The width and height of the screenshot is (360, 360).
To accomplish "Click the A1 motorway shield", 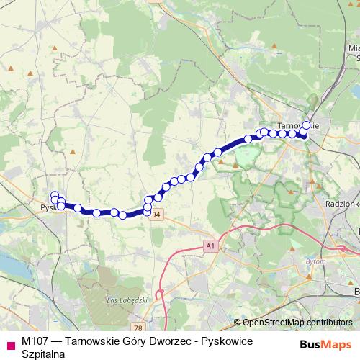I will pyautogui.click(x=210, y=246).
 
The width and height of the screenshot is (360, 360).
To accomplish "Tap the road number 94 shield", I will pyautogui.click(x=157, y=215).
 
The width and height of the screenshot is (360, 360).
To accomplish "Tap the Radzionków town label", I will pyautogui.click(x=342, y=204).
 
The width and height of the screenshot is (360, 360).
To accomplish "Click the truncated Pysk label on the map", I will pyautogui.click(x=48, y=207).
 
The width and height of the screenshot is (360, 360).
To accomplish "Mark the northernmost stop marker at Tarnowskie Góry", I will pyautogui.click(x=306, y=125).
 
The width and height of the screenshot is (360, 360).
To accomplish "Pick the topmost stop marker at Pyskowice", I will pyautogui.click(x=54, y=194).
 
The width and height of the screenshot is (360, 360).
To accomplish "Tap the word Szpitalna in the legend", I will pyautogui.click(x=43, y=354).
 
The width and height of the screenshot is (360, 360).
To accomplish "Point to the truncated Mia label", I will pyautogui.click(x=353, y=48).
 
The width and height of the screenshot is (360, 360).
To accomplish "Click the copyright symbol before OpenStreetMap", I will pyautogui.click(x=237, y=323).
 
